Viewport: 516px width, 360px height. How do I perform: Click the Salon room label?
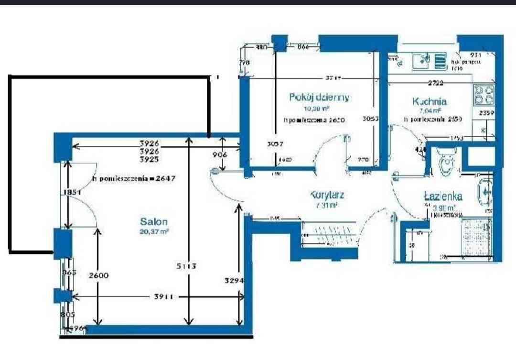154,221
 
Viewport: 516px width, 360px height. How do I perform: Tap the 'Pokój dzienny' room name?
319,97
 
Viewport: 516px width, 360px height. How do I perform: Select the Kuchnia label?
430,101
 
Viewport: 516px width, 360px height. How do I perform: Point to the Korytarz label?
327,195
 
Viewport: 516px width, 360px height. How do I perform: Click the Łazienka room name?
443,196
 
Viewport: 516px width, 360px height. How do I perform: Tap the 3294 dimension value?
235,281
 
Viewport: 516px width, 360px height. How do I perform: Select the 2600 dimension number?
99,275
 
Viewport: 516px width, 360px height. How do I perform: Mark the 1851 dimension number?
69,192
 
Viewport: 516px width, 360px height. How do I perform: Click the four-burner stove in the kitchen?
483,95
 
